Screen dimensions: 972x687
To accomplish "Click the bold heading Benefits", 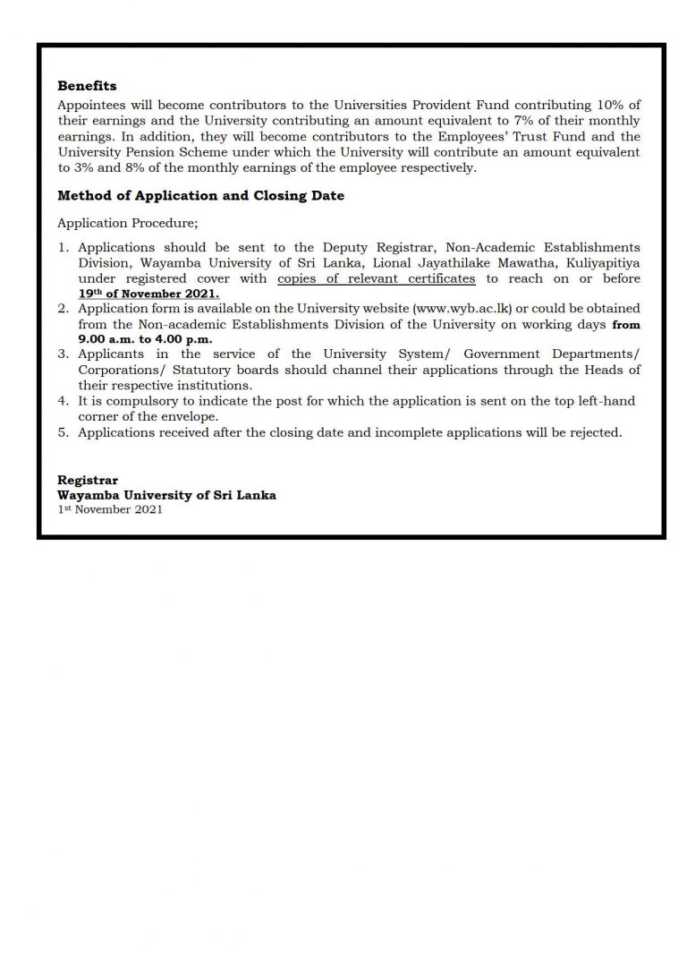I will (x=87, y=86).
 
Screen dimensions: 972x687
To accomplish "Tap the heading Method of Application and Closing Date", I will (x=200, y=196).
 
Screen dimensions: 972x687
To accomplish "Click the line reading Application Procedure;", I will (x=127, y=221).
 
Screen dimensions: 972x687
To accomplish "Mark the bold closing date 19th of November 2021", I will (x=148, y=293).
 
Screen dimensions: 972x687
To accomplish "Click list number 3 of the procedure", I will (x=63, y=354).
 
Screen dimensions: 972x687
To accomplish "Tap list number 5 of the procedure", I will (x=63, y=432).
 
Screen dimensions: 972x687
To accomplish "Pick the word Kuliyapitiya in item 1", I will (x=604, y=263).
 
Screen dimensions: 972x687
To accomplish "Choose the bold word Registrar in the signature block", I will (x=88, y=481).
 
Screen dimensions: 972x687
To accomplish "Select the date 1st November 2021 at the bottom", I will (x=110, y=509).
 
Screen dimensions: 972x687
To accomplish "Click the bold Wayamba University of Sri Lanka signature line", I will (x=166, y=495).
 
